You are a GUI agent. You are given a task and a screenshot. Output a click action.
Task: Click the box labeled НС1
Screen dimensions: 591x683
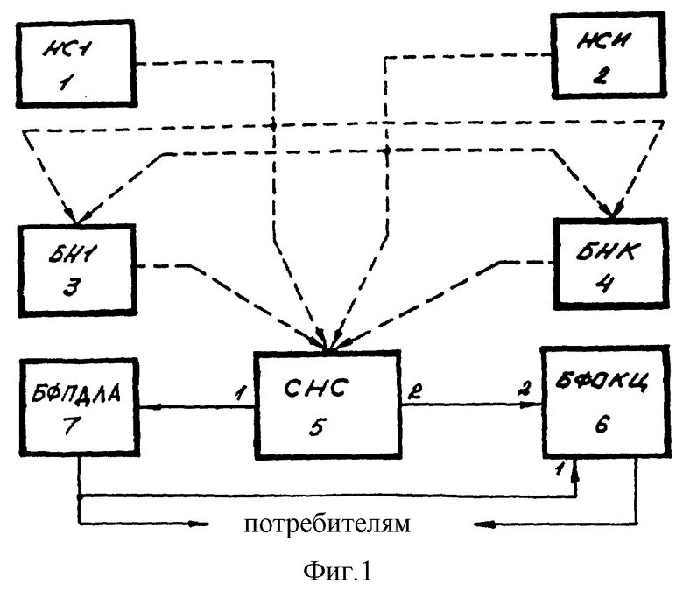tap(77, 62)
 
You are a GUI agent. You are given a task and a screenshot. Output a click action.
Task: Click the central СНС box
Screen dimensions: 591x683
tap(328, 405)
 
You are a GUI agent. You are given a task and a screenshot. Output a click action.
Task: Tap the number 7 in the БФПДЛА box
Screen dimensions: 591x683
tap(78, 426)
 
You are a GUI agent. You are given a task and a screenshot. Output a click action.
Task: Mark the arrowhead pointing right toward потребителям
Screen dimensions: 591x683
tap(211, 524)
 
